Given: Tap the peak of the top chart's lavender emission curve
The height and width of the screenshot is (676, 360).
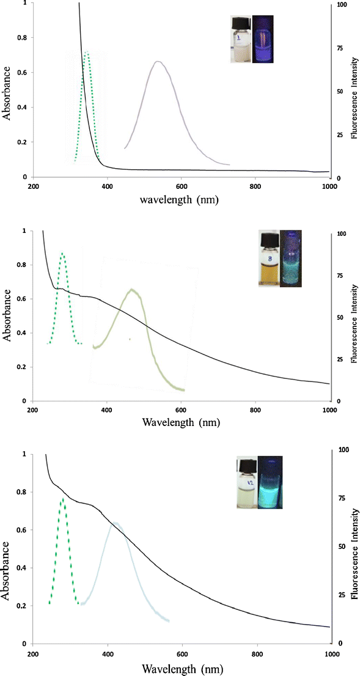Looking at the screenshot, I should pos(158,62).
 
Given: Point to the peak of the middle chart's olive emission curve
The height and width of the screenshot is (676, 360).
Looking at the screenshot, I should pos(131,290).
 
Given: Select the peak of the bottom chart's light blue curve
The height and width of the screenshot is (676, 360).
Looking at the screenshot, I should pos(114,523).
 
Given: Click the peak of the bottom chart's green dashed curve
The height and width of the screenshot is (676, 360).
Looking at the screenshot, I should pos(62,499).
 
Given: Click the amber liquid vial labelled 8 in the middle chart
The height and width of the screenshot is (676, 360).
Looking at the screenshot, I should pos(269,259).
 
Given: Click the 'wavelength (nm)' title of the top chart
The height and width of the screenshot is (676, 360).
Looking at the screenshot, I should pos(178,199).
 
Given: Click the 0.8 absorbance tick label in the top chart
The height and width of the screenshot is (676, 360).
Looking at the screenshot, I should pos(20,38).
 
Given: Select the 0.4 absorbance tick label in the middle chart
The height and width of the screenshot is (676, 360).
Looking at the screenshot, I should pos(20,333).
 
